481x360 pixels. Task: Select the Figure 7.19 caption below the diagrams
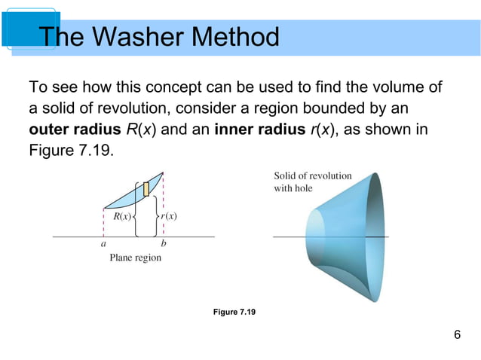click(x=234, y=313)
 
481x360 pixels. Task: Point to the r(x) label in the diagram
click(x=169, y=217)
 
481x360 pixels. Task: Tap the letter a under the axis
click(x=103, y=243)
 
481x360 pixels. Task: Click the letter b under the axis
click(x=164, y=243)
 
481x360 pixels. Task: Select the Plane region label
click(x=136, y=258)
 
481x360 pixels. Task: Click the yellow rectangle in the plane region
click(x=146, y=189)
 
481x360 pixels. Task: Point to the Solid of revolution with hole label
click(x=312, y=182)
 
